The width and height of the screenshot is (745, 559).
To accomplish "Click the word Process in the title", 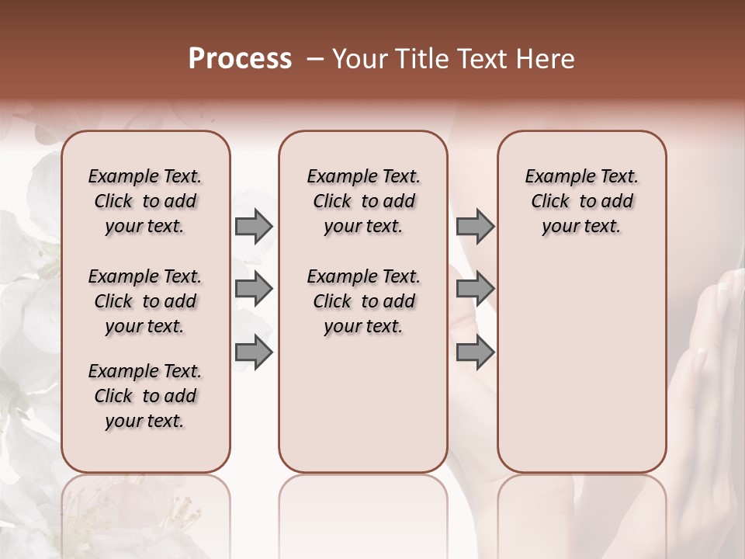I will tap(240, 59).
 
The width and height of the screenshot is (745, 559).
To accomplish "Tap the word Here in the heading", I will tap(547, 59).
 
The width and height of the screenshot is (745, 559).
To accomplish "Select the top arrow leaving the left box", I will tap(254, 227).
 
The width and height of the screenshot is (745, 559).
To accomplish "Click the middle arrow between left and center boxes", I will tap(254, 289).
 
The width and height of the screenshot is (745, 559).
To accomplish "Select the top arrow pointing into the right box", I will tap(475, 227).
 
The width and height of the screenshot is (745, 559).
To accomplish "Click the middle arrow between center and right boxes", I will tap(475, 289).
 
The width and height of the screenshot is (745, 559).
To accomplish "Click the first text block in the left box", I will tap(145, 201).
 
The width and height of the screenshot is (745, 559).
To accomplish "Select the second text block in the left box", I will tap(145, 301).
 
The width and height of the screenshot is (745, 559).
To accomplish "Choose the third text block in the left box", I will tap(145, 396).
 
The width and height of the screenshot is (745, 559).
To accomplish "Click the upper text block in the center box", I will tap(363, 201).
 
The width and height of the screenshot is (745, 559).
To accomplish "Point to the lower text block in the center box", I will tap(363, 301).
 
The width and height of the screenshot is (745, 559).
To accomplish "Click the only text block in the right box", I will tap(582, 201).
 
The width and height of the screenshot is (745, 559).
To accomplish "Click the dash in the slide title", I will tap(315, 59).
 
